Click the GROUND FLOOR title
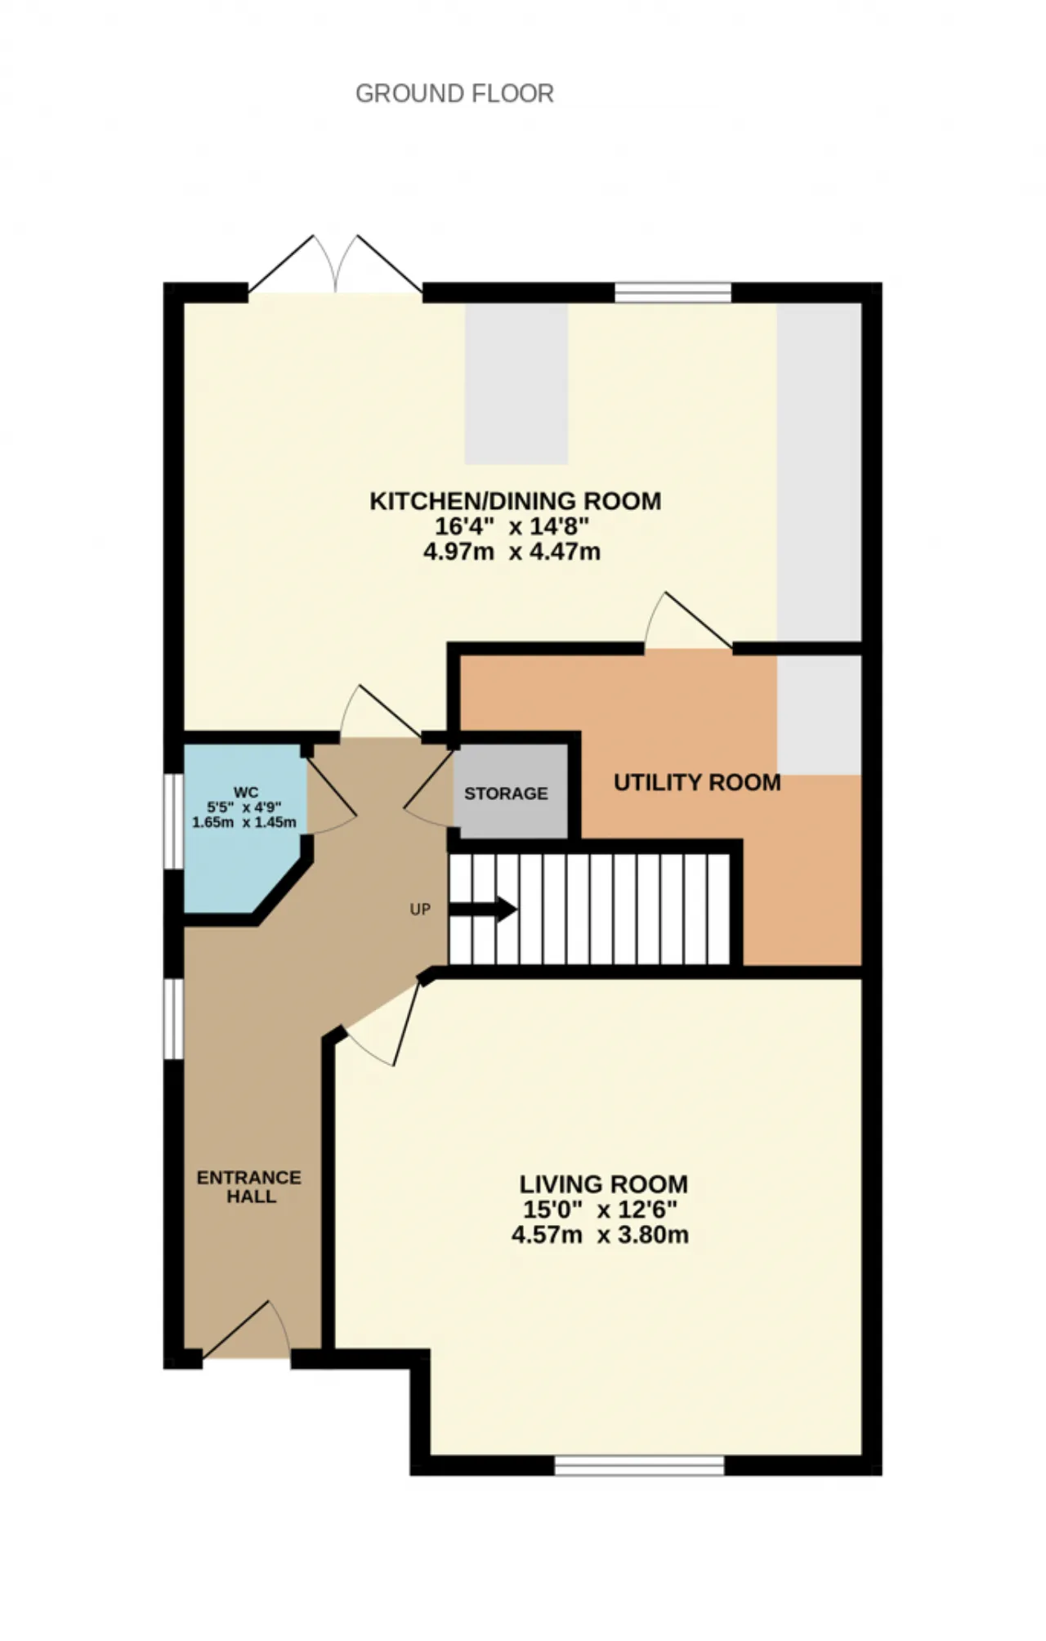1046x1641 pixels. (x=454, y=93)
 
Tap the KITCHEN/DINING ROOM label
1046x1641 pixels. (x=516, y=500)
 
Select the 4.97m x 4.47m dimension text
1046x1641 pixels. (x=512, y=552)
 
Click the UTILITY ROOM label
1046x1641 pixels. (x=697, y=782)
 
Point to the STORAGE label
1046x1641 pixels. (x=506, y=793)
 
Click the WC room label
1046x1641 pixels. (x=246, y=792)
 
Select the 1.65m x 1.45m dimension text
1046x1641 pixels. (x=244, y=821)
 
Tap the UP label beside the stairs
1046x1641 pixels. (x=420, y=909)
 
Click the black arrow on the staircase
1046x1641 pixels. (x=483, y=909)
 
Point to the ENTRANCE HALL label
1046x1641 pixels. (x=250, y=1187)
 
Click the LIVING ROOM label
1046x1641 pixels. (x=604, y=1183)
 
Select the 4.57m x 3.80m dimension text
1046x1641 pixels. (x=600, y=1234)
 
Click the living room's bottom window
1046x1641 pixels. (x=640, y=1465)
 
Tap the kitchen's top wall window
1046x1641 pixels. (x=673, y=293)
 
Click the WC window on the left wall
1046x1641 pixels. (x=173, y=820)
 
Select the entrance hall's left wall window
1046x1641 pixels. (x=173, y=1019)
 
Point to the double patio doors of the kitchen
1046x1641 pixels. (x=335, y=264)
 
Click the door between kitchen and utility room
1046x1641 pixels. (x=688, y=621)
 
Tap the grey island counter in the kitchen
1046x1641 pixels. (x=516, y=383)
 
